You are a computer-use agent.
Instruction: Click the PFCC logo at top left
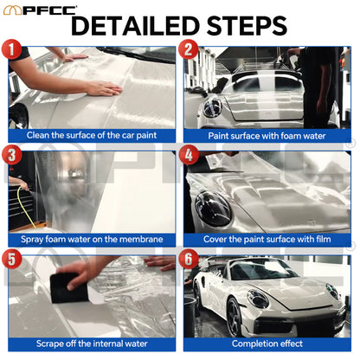(x=40, y=10)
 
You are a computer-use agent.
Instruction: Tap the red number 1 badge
(x=13, y=50)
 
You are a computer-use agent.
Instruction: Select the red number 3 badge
(x=13, y=156)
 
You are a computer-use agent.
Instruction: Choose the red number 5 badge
(x=13, y=260)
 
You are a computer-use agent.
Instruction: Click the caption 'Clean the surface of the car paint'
(x=93, y=135)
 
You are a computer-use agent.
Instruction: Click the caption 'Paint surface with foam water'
(x=268, y=136)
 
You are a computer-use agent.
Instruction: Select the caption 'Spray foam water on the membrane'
(x=93, y=239)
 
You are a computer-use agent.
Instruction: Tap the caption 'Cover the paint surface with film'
(x=268, y=239)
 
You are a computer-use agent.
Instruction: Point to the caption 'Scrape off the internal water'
(x=93, y=344)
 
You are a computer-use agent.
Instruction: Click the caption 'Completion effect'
(x=268, y=344)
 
